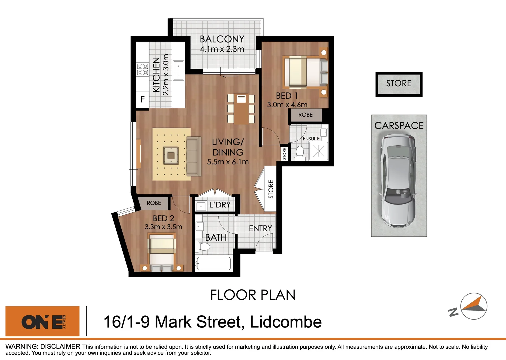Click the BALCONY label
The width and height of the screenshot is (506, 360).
click(222, 39)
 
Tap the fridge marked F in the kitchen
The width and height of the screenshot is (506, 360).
click(143, 99)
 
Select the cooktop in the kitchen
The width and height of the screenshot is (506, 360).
click(143, 69)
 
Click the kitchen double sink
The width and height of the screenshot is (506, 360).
click(179, 71)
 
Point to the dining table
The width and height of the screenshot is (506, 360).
click(241, 108)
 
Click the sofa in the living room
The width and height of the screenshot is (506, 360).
click(194, 156)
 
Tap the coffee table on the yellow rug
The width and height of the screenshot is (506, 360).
click(171, 156)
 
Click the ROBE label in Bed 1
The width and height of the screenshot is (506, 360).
click(305, 115)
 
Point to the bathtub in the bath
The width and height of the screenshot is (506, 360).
click(213, 264)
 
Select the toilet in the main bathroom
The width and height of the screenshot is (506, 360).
click(203, 247)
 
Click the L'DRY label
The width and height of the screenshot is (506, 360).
click(220, 205)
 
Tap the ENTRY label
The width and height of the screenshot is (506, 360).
click(260, 228)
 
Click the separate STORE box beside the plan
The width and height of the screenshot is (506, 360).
click(399, 84)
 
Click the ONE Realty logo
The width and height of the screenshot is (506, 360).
click(43, 321)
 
